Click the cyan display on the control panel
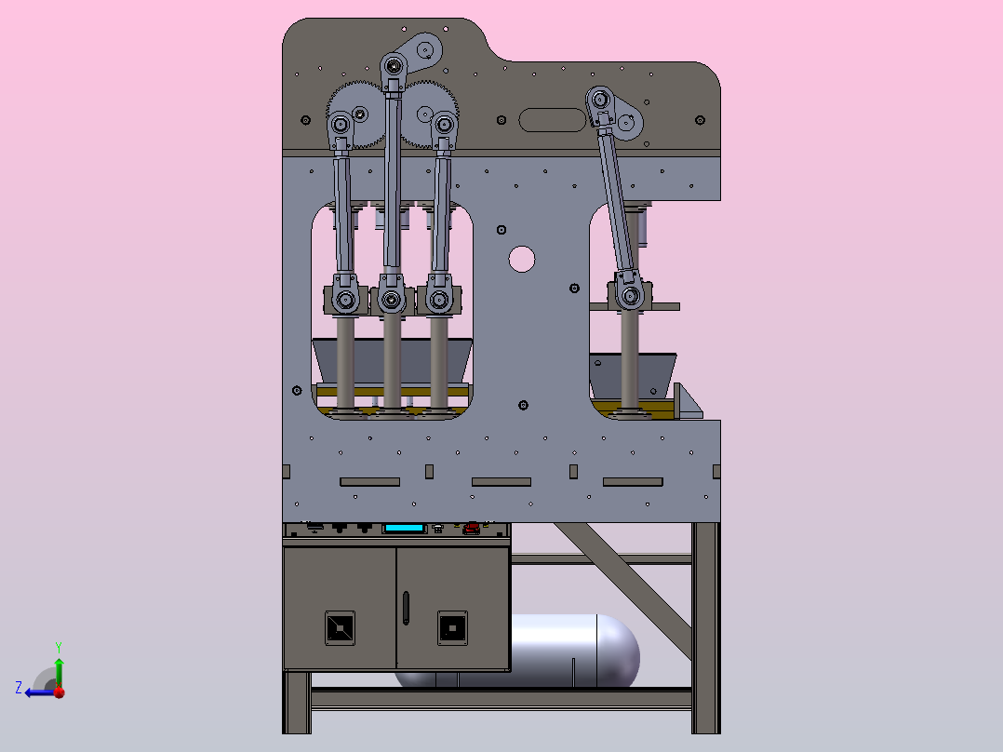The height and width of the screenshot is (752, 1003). pos(404,528)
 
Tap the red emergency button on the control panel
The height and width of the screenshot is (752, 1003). pos(472,528)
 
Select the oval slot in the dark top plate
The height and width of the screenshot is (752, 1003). pos(552,120)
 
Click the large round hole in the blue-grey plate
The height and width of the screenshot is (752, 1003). pos(521,260)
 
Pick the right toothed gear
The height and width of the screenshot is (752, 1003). pos(429,114)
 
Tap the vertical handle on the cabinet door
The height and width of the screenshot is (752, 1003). pos(406,608)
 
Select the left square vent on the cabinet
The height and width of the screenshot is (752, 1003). pos(340,628)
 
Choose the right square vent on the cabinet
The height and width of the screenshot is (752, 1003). pos(452,628)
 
